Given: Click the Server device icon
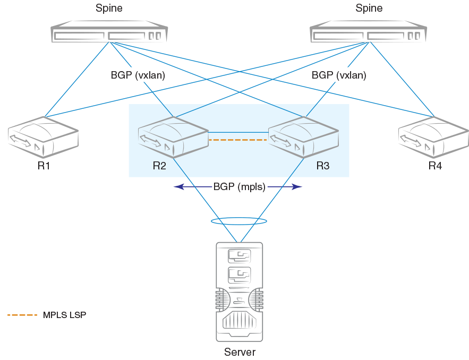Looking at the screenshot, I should pos(239,292).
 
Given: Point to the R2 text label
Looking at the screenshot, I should pos(159,166).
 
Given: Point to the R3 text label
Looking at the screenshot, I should pos(323,166).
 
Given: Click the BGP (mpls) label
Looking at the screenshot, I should pos(239,186).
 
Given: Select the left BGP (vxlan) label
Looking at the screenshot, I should pos(138,75).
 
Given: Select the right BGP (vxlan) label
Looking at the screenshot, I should pos(339,75).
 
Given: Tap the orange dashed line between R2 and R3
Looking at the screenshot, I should pos(236,140).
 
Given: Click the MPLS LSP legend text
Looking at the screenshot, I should pos(64,315).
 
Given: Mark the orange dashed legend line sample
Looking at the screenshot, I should pos(22,315).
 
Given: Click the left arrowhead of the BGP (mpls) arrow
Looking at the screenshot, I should pos(177,187).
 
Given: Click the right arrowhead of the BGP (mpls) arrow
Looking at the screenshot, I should pos(300,187).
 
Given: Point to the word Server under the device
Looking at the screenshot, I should pos(240,353).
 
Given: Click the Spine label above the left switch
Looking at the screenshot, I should pos(109,8).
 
